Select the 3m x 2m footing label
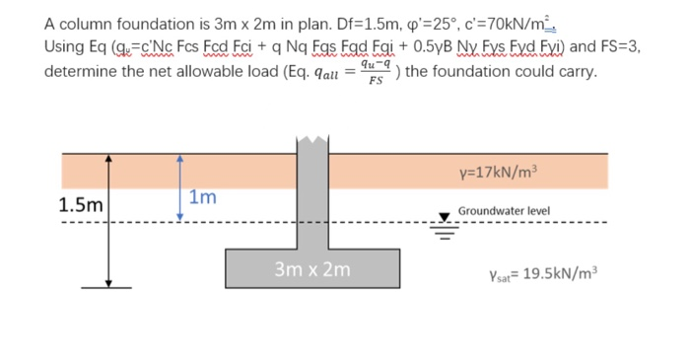click(x=312, y=268)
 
